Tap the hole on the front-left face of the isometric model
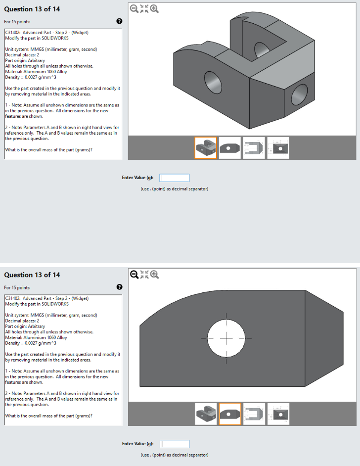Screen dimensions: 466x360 click(x=212, y=80)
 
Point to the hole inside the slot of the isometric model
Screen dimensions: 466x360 click(x=261, y=49)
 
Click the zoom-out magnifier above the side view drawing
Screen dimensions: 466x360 click(x=134, y=274)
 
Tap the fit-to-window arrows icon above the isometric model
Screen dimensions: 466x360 click(x=144, y=8)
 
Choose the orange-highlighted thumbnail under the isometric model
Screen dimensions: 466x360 click(x=206, y=147)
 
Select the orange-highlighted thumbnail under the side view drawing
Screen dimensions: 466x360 click(x=230, y=414)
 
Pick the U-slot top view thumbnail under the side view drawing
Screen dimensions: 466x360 click(x=254, y=414)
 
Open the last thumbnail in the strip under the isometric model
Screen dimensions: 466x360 click(x=278, y=147)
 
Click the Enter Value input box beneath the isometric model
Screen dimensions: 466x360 click(x=175, y=178)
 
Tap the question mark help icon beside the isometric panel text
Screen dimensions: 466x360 click(x=119, y=21)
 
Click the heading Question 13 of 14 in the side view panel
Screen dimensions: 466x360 click(x=32, y=275)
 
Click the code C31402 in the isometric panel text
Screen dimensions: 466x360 click(x=13, y=33)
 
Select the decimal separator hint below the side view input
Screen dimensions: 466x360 click(x=175, y=455)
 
